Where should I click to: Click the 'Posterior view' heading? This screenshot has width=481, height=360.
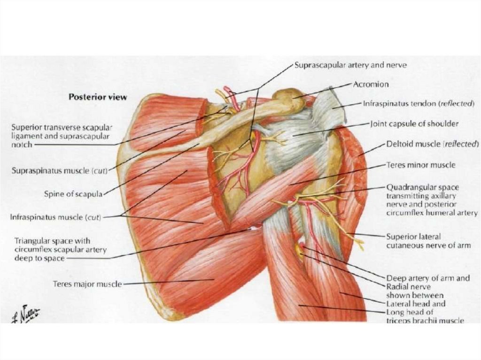click(98, 97)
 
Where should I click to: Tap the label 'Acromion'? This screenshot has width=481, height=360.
click(371, 84)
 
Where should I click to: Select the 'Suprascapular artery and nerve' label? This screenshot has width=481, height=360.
click(350, 65)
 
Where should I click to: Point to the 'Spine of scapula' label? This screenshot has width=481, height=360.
click(73, 193)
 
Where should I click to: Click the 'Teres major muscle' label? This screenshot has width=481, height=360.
click(87, 284)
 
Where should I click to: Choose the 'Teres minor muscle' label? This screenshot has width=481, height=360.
click(420, 165)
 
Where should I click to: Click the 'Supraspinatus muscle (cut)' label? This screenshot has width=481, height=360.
click(60, 171)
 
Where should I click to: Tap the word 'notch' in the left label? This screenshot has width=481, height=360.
click(22, 145)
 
